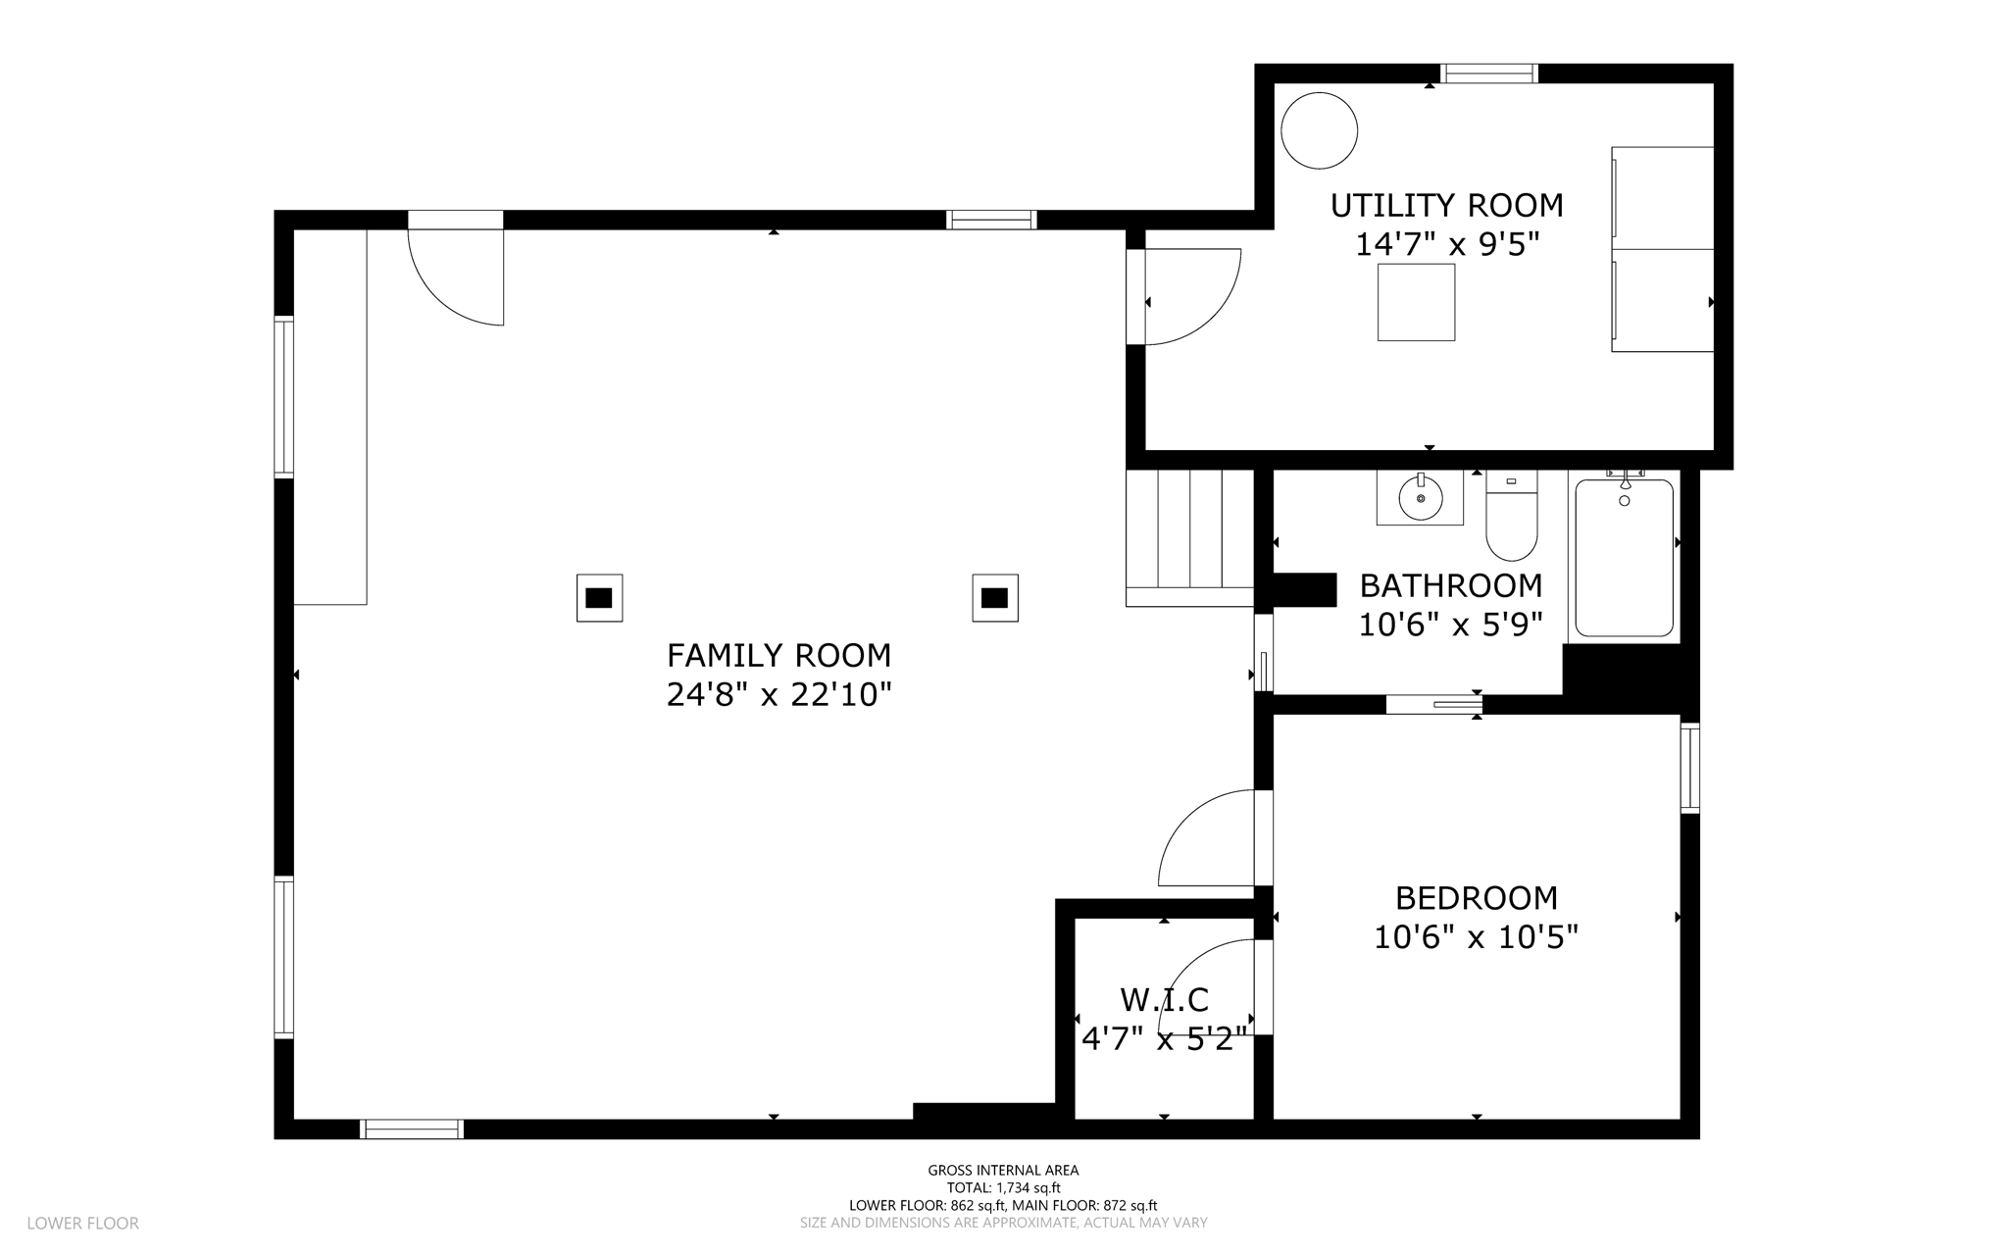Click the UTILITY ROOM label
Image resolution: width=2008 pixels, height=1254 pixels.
click(1446, 206)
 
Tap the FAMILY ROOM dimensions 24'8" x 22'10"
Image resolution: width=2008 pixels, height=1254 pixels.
click(779, 695)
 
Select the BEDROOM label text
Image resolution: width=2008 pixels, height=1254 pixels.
click(1477, 898)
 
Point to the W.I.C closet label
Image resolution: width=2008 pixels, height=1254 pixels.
click(1165, 1000)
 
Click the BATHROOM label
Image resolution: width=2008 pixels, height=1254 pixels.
click(1451, 585)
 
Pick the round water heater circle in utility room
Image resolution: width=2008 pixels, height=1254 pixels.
click(1320, 130)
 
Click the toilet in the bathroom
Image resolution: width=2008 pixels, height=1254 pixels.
click(1512, 515)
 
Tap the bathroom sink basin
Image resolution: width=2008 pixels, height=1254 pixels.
click(1420, 498)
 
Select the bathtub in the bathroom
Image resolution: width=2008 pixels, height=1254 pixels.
click(1624, 557)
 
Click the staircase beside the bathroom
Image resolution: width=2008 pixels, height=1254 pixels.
click(1190, 538)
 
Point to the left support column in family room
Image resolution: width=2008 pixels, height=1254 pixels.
click(599, 598)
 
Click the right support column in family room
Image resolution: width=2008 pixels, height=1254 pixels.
click(995, 598)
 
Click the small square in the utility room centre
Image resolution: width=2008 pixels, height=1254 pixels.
click(1416, 302)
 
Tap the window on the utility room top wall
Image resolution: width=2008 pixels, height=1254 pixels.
click(1488, 74)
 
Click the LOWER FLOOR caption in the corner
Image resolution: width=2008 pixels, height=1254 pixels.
click(83, 1224)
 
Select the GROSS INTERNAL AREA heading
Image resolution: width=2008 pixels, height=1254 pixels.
click(1003, 1170)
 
